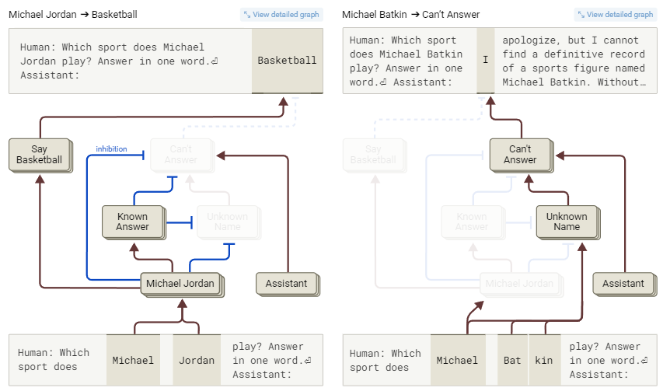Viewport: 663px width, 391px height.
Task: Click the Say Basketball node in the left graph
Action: pyautogui.click(x=39, y=155)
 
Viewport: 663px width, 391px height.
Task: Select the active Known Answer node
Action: pyautogui.click(x=132, y=222)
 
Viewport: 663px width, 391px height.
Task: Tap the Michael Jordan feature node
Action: pyautogui.click(x=180, y=284)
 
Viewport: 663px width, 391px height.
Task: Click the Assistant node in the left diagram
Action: pyautogui.click(x=286, y=284)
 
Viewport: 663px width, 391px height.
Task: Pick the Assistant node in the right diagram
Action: pyautogui.click(x=623, y=284)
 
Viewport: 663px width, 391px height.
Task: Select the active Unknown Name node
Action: pyautogui.click(x=567, y=222)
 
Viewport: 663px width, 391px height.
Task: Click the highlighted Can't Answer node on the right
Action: pyautogui.click(x=520, y=155)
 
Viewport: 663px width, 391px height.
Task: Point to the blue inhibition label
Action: pyautogui.click(x=111, y=148)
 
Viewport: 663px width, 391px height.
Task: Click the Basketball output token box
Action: pyautogui.click(x=287, y=61)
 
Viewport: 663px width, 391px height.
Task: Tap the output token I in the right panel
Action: pyautogui.click(x=485, y=61)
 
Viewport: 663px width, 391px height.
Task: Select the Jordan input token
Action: pyautogui.click(x=196, y=360)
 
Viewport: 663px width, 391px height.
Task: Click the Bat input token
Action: pyautogui.click(x=512, y=360)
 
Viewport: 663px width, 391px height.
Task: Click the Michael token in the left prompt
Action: pyautogui.click(x=133, y=360)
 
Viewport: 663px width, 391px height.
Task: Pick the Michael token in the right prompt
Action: pyautogui.click(x=457, y=360)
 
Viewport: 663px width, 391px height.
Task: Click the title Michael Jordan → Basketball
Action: pyautogui.click(x=63, y=15)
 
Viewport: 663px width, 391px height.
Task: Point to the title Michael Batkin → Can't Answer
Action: pyautogui.click(x=411, y=15)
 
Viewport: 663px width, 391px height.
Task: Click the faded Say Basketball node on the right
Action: pyautogui.click(x=373, y=155)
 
